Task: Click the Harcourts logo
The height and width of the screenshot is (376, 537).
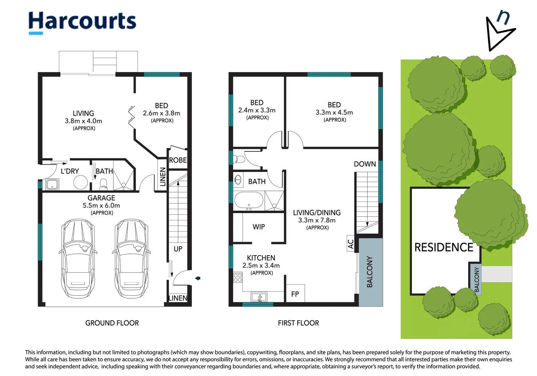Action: pyautogui.click(x=82, y=23)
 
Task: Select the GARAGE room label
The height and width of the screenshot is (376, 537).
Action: pyautogui.click(x=101, y=198)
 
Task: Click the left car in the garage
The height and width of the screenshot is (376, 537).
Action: pyautogui.click(x=78, y=258)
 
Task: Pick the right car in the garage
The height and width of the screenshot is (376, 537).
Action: pyautogui.click(x=131, y=258)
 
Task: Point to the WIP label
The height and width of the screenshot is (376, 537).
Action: pyautogui.click(x=259, y=227)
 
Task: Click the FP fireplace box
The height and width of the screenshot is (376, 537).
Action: pyautogui.click(x=295, y=293)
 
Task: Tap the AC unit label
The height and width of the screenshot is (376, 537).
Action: pyautogui.click(x=350, y=244)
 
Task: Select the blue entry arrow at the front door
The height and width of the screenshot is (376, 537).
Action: pyautogui.click(x=198, y=278)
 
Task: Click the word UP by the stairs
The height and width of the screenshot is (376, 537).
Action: pyautogui.click(x=178, y=249)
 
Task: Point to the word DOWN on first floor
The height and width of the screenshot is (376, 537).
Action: pyautogui.click(x=365, y=164)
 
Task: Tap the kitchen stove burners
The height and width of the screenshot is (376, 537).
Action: pyautogui.click(x=238, y=278)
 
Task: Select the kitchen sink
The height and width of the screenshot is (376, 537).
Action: pyautogui.click(x=259, y=297)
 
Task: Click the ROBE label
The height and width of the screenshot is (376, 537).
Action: pyautogui.click(x=178, y=160)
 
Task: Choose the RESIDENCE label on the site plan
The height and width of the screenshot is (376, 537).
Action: pyautogui.click(x=444, y=247)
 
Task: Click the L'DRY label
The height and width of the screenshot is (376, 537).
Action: pyautogui.click(x=70, y=171)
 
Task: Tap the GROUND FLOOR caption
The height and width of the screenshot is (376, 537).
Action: pyautogui.click(x=112, y=323)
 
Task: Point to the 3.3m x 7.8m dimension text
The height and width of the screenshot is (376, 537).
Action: pyautogui.click(x=317, y=220)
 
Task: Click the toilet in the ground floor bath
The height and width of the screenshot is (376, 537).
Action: pyautogui.click(x=104, y=183)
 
